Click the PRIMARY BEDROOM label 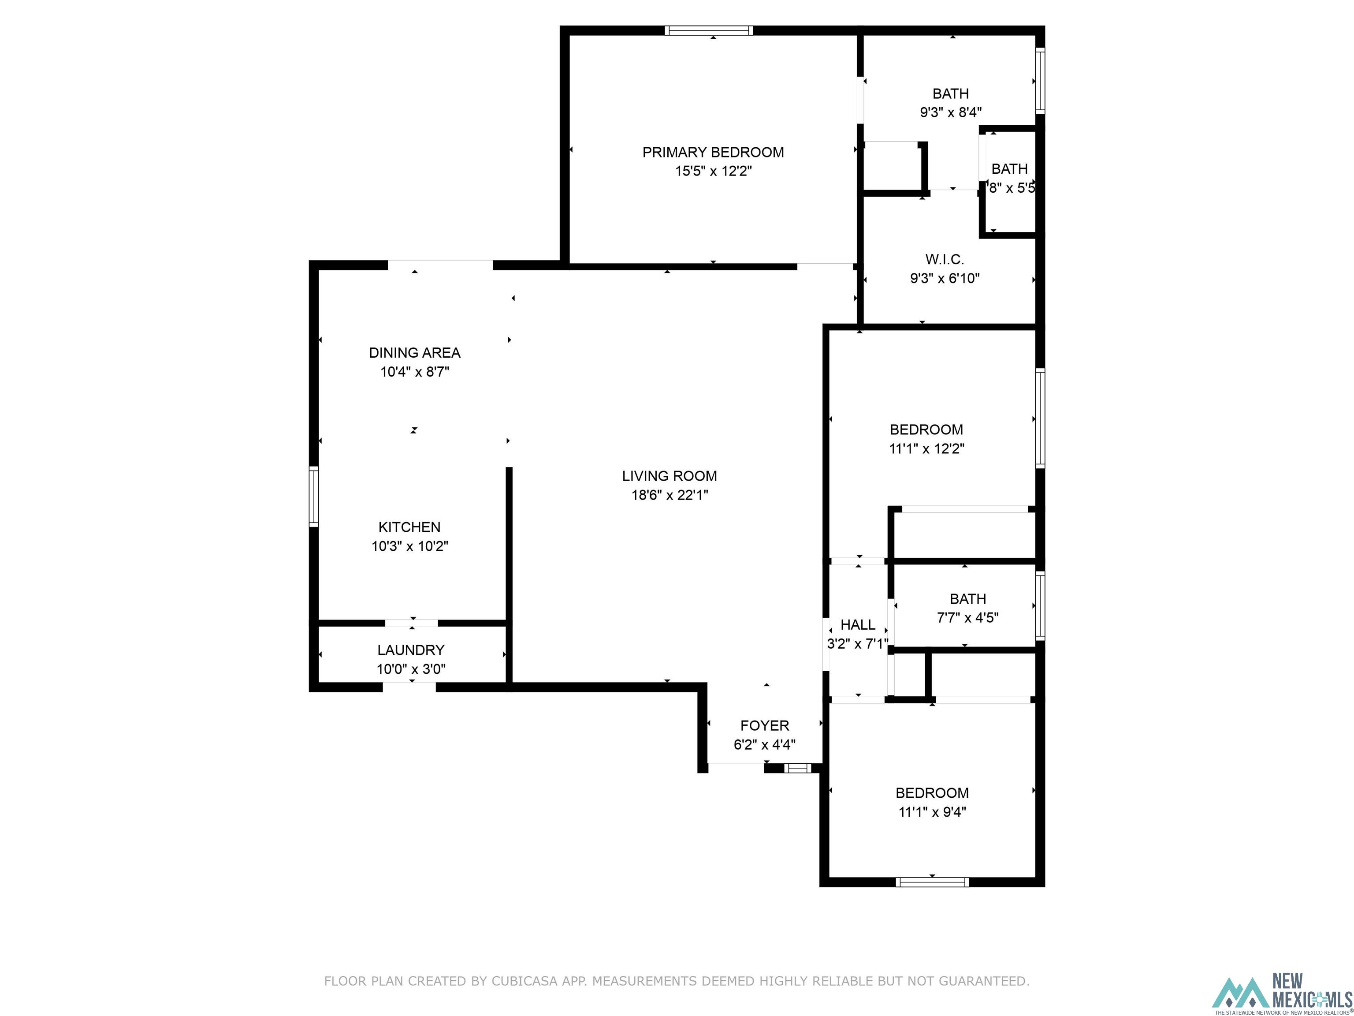click(713, 152)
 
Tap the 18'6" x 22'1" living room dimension click(670, 495)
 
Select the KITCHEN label click(409, 527)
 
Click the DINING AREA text click(414, 353)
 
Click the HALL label click(858, 625)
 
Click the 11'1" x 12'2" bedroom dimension click(926, 448)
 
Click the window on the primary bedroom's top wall click(709, 30)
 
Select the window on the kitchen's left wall click(314, 497)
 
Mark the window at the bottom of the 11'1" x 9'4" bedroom click(932, 882)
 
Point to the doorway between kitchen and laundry click(411, 624)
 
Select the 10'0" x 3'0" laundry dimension click(411, 669)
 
